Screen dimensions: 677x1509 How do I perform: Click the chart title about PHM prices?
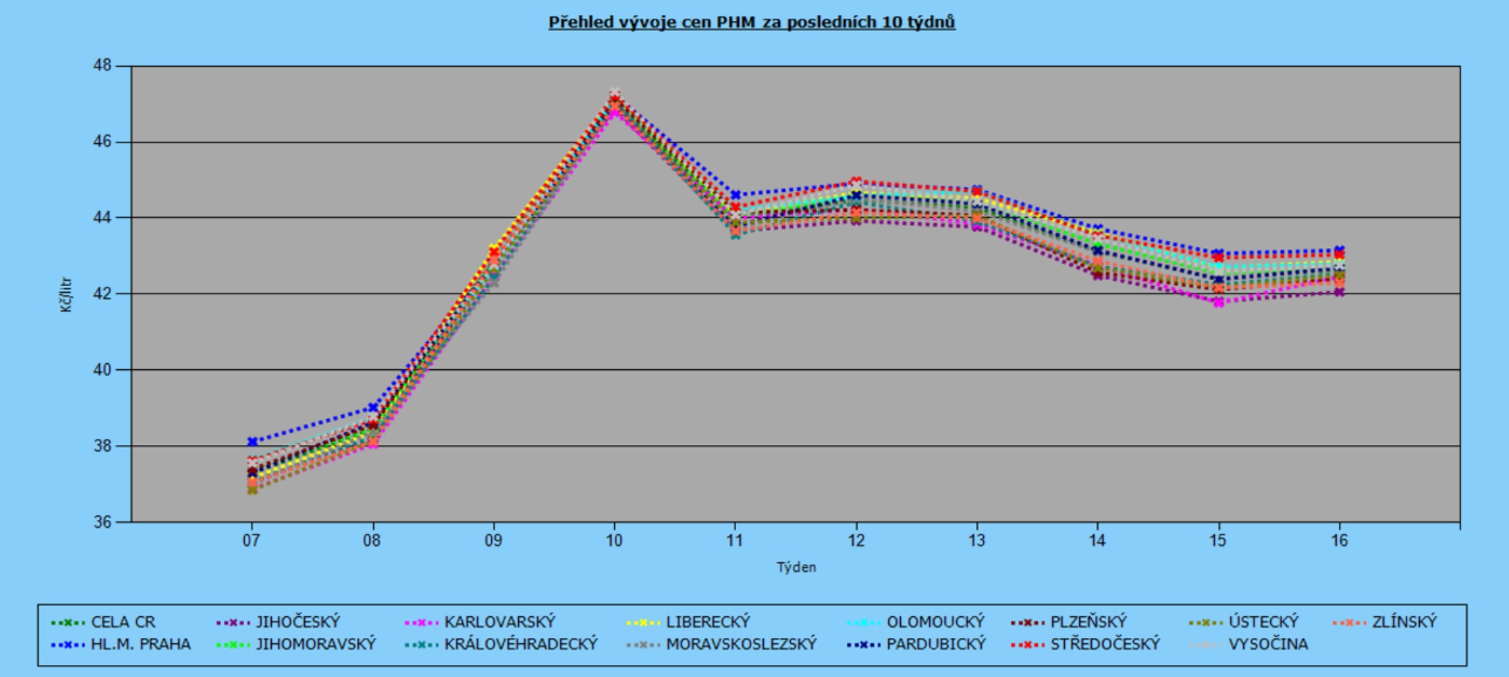pos(751,22)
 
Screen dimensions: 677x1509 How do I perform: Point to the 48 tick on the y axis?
pos(102,66)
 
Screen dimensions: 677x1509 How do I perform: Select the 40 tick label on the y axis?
pos(102,370)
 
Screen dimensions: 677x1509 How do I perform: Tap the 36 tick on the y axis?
pos(102,522)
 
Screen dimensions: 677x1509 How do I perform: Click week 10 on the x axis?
pos(614,541)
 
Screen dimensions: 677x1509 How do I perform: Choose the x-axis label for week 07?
pos(251,541)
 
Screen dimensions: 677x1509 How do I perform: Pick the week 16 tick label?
pos(1339,541)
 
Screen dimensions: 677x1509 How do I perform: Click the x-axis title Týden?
pos(795,568)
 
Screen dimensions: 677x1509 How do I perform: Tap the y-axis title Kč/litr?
pos(67,294)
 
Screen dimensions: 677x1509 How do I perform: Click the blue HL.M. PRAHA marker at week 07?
pos(252,442)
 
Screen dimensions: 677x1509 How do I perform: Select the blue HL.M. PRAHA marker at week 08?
pos(373,407)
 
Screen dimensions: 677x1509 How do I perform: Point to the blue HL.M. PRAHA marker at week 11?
pos(735,195)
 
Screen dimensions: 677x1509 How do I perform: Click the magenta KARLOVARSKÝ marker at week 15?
pos(1218,303)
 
